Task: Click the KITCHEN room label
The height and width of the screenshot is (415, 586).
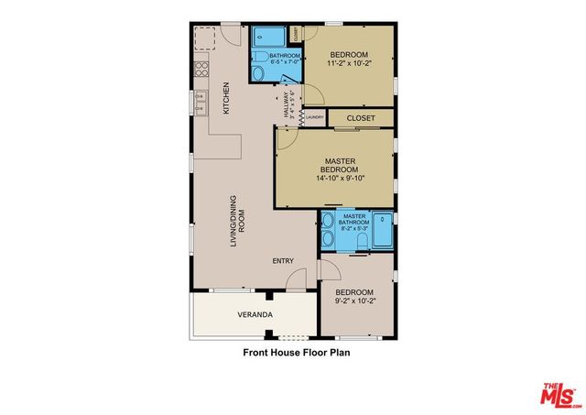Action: click(226, 99)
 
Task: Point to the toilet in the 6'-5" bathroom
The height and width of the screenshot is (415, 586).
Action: click(259, 74)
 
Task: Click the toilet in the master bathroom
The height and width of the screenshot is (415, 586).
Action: click(360, 241)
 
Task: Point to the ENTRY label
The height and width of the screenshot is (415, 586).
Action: click(283, 261)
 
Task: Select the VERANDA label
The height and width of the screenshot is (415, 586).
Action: click(255, 315)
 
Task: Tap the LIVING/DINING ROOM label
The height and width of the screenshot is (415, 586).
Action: click(238, 224)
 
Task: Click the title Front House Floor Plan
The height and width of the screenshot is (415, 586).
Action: click(297, 351)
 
